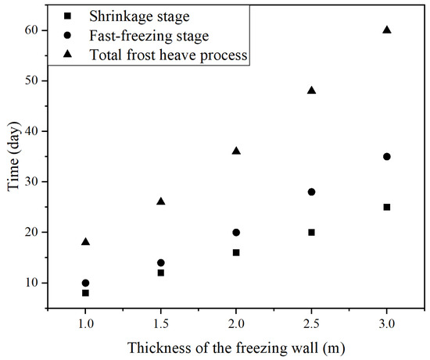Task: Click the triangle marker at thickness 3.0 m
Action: click(387, 30)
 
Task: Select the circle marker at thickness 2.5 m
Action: click(311, 191)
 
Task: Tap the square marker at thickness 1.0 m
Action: click(85, 293)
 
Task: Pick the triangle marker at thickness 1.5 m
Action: click(161, 201)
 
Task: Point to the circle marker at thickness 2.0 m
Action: click(236, 232)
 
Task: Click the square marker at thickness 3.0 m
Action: click(387, 207)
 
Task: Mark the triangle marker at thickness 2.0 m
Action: click(236, 151)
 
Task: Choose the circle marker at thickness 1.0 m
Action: click(85, 283)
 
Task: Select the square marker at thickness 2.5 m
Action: click(311, 232)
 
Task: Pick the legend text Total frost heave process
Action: click(168, 55)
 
